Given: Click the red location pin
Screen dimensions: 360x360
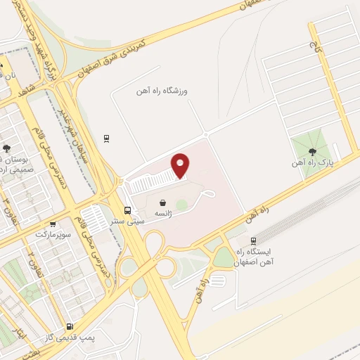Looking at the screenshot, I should point(181,165).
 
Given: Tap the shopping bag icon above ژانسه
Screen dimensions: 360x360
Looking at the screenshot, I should point(163,201).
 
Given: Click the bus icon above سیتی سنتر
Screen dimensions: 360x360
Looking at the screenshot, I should point(127,210).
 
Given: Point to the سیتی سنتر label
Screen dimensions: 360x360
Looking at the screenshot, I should point(130,221).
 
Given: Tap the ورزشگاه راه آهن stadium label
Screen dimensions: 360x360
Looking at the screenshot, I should point(166,91).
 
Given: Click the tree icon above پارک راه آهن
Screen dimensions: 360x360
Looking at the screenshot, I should point(311,151).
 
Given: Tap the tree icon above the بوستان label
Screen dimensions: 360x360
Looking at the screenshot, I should point(7,148).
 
